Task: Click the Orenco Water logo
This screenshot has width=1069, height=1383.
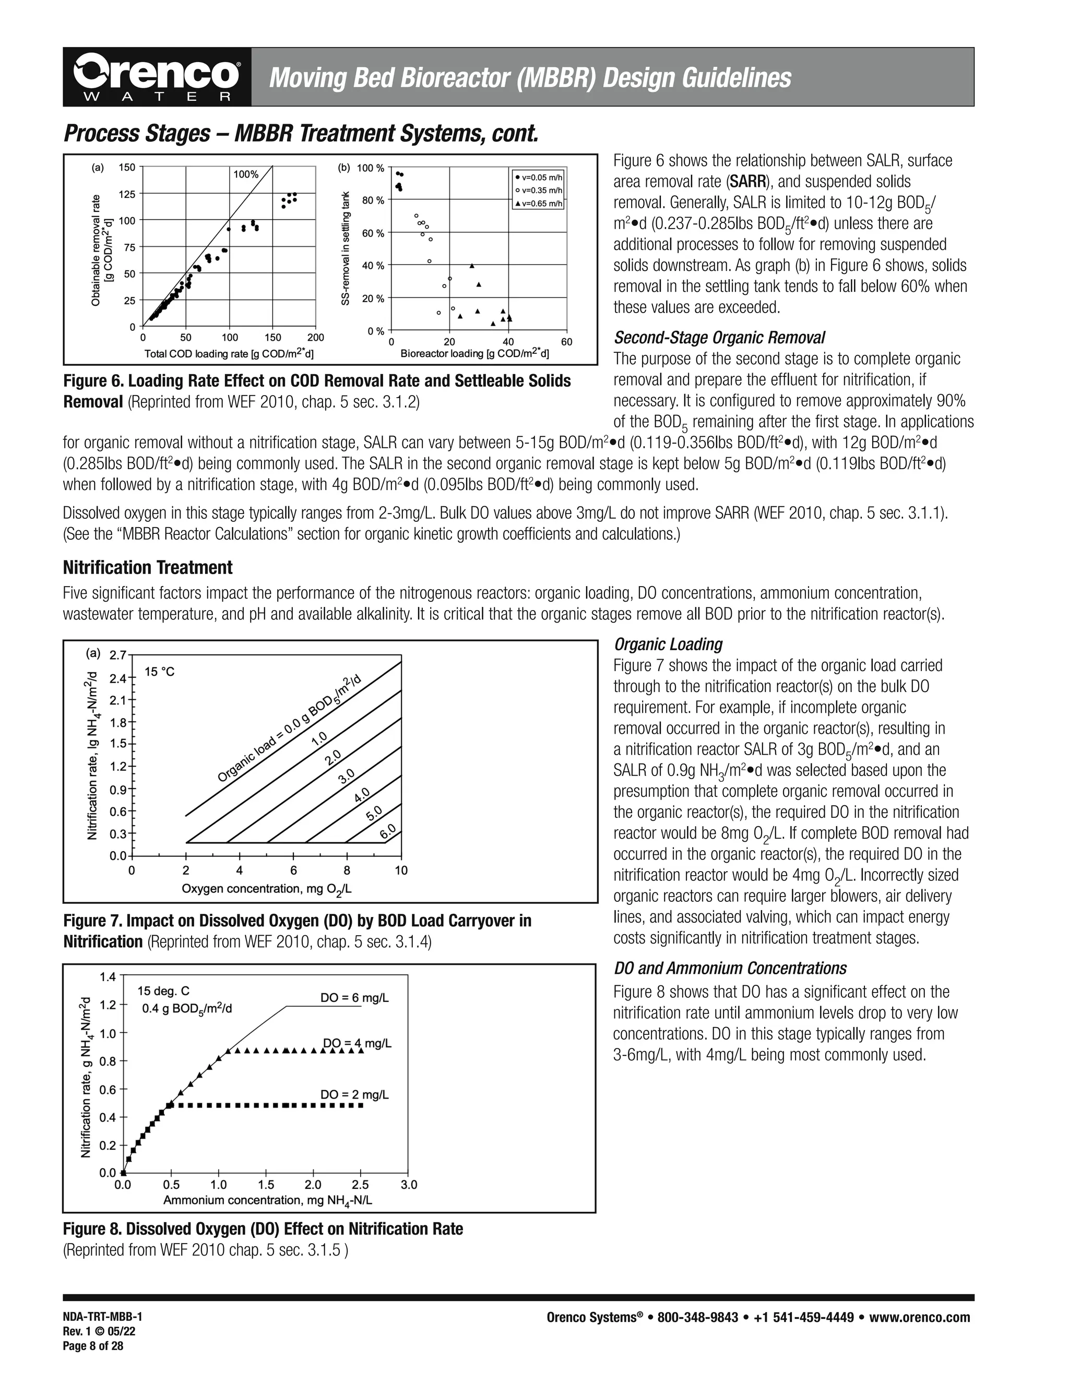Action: point(157,77)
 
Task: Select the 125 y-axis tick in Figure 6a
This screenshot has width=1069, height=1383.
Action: point(127,194)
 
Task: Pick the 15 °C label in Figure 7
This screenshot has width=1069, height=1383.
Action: point(160,672)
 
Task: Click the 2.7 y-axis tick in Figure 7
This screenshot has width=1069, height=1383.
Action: point(118,655)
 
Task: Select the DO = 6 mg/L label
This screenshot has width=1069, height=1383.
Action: point(354,998)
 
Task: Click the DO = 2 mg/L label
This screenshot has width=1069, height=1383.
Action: point(354,1094)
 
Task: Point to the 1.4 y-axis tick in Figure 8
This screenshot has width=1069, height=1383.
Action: point(108,977)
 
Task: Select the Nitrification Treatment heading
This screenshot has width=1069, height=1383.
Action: point(148,567)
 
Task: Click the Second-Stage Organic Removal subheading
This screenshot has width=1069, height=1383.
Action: point(719,338)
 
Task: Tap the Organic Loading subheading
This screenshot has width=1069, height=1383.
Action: point(668,645)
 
